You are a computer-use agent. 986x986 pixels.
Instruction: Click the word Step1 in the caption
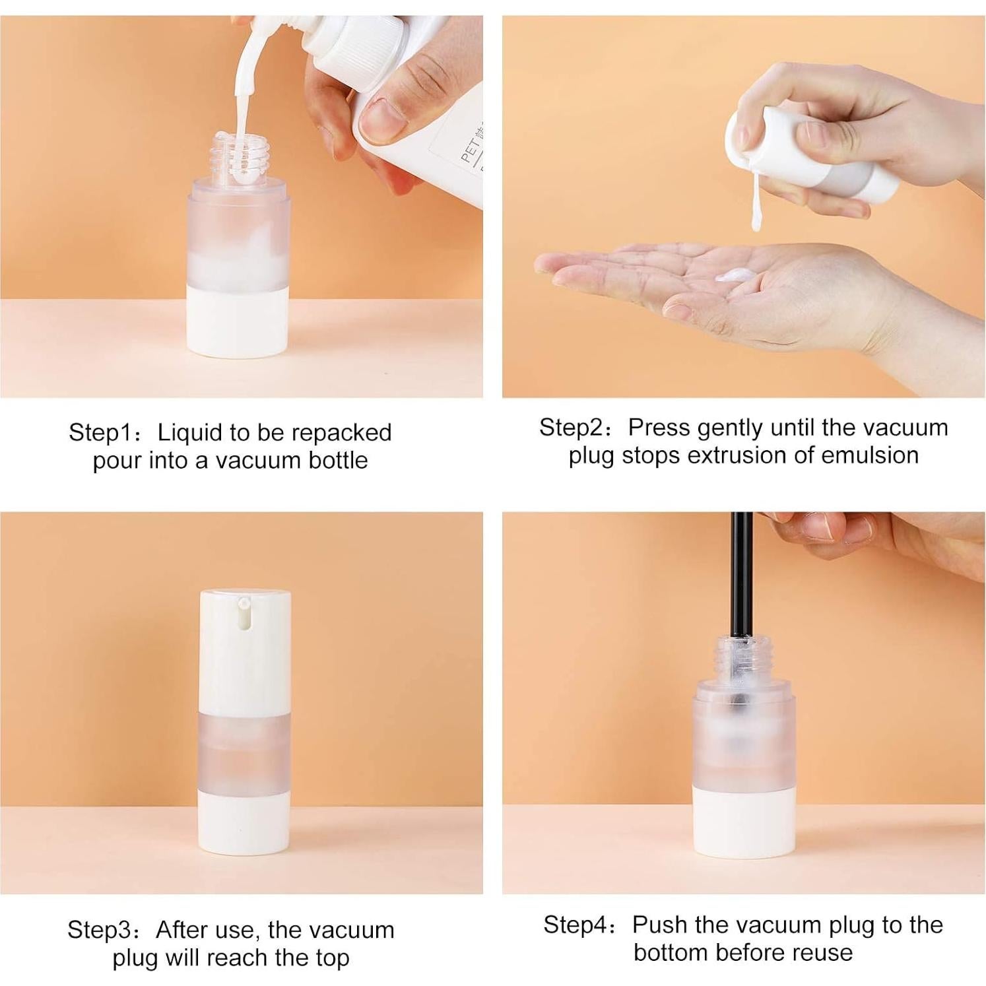(x=101, y=433)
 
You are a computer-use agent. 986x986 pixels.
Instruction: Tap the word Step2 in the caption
(x=572, y=428)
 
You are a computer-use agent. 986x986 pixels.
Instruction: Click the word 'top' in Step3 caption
(x=331, y=958)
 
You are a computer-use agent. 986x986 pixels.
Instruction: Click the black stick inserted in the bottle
(x=742, y=574)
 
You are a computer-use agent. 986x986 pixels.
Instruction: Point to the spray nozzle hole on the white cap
(x=244, y=603)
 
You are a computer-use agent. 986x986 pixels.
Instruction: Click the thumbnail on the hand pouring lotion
(x=380, y=120)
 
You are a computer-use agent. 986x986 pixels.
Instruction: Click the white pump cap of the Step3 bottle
(x=245, y=650)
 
